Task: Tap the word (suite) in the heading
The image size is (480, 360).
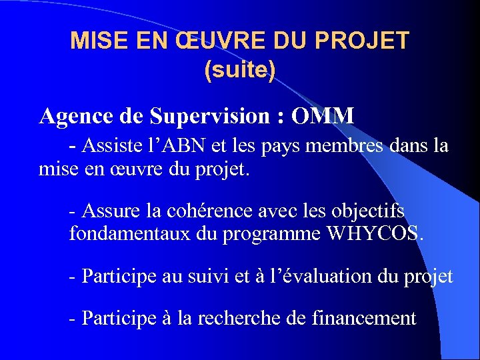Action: pyautogui.click(x=240, y=70)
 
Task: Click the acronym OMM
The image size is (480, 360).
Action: pyautogui.click(x=323, y=116)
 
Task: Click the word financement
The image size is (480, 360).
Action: pyautogui.click(x=363, y=319)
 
